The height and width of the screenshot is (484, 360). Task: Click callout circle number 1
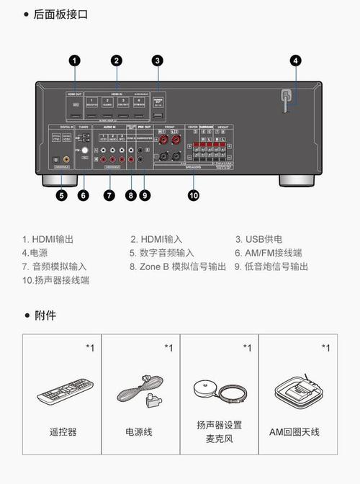75,61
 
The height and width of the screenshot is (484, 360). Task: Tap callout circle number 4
295,61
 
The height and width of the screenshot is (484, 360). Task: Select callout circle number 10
193,194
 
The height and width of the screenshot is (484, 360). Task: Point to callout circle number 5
62,194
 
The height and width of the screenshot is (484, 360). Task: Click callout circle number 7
108,194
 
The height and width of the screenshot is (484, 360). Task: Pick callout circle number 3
158,61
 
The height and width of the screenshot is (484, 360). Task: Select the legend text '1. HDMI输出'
48,239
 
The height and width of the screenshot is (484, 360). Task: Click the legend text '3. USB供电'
259,239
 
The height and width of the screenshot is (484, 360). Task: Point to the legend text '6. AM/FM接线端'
268,253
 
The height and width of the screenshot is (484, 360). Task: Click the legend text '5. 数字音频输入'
162,253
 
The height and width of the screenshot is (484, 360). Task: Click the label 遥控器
63,432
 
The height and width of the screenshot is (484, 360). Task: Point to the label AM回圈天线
294,432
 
